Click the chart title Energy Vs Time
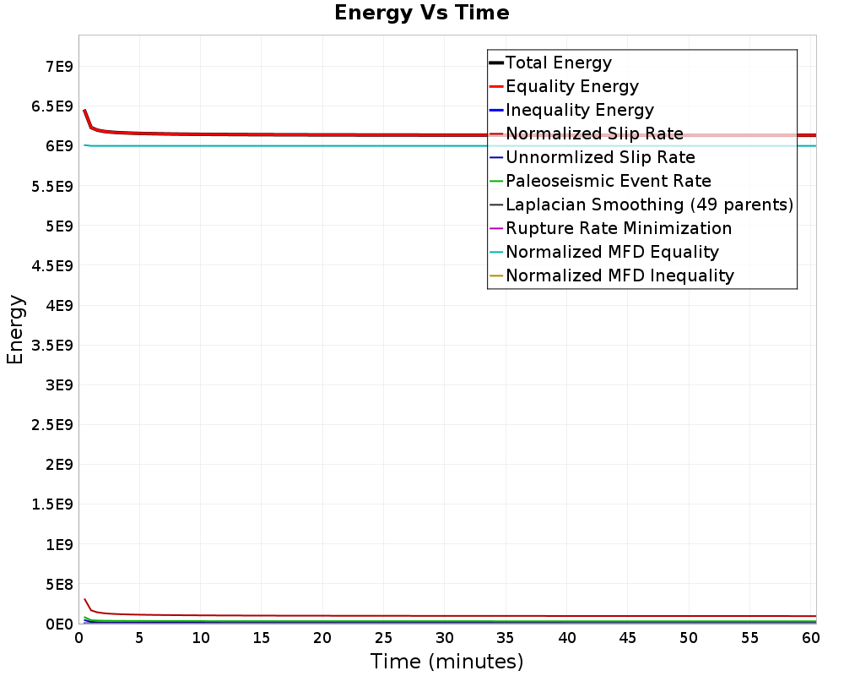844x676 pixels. tap(422, 14)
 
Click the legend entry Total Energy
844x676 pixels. tap(558, 63)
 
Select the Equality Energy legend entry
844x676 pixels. tap(571, 86)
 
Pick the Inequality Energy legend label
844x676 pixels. tap(579, 110)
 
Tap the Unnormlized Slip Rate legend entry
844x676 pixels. tap(600, 157)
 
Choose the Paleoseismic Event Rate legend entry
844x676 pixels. tap(608, 181)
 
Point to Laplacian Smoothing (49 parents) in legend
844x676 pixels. tap(649, 204)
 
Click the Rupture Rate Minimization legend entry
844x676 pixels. tap(619, 228)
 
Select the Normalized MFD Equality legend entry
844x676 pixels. tap(612, 252)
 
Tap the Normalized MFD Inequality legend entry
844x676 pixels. tap(619, 275)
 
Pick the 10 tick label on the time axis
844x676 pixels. tap(201, 639)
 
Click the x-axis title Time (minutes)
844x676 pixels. tap(446, 662)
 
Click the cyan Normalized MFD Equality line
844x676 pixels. tap(338, 145)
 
